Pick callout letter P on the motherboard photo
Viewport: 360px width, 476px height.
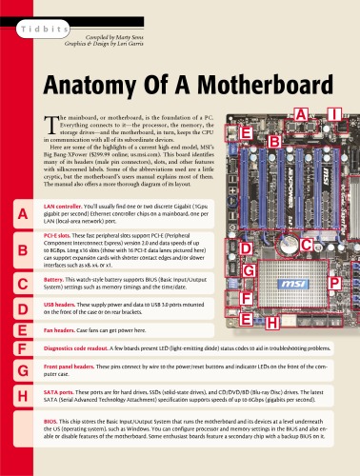pos(334,283)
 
